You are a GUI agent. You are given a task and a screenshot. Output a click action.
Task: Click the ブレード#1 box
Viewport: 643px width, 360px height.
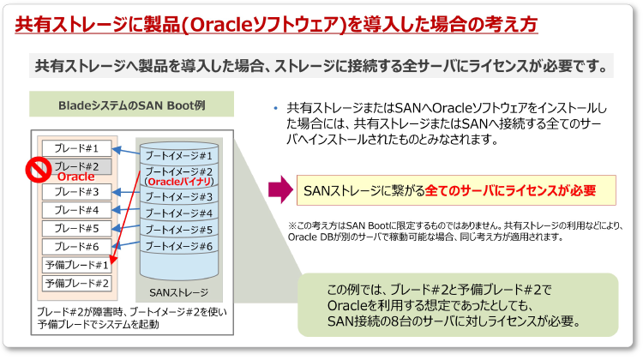76,148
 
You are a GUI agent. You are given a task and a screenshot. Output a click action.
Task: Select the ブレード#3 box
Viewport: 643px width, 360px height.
76,191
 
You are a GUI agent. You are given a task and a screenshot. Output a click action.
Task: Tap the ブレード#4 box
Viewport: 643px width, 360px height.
76,210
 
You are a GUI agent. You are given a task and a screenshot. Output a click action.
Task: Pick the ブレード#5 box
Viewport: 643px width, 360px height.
76,228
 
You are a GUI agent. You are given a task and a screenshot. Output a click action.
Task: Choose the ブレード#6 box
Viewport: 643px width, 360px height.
76,246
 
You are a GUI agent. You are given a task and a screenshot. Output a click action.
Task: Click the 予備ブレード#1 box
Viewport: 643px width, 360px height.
76,265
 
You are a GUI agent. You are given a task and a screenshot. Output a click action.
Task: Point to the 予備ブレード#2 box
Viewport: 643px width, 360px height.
76,283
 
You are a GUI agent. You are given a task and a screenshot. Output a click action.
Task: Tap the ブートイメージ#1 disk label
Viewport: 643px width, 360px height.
177,155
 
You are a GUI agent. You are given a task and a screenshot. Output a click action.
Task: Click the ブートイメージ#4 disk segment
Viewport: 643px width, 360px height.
177,213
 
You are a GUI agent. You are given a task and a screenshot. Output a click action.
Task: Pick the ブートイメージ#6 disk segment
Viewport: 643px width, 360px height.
177,246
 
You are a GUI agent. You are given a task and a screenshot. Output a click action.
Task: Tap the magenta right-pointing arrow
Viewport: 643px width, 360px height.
279,188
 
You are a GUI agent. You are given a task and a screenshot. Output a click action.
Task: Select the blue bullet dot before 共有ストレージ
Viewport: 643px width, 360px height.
276,108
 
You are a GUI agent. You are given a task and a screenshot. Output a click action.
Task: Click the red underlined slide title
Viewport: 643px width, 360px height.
276,24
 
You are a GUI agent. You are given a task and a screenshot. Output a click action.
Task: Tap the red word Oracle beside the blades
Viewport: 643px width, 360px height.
75,176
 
